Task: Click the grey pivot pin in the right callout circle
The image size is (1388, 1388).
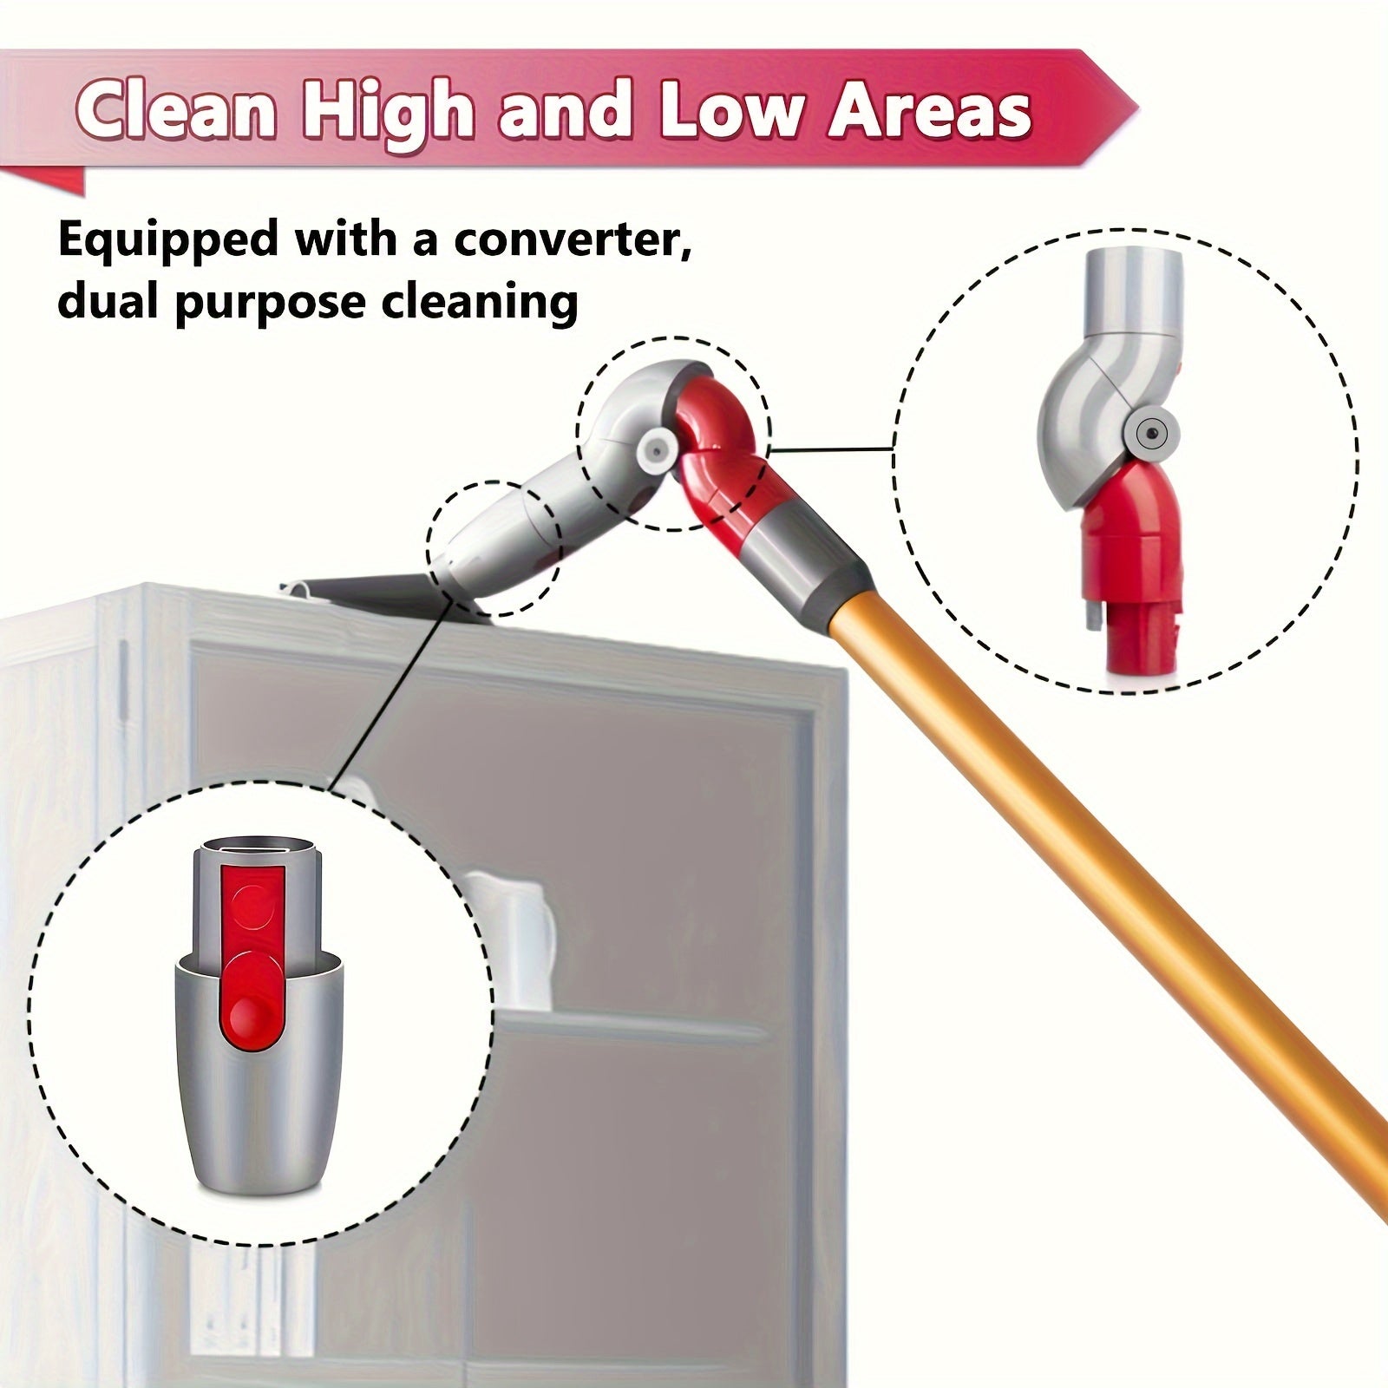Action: click(1150, 431)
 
